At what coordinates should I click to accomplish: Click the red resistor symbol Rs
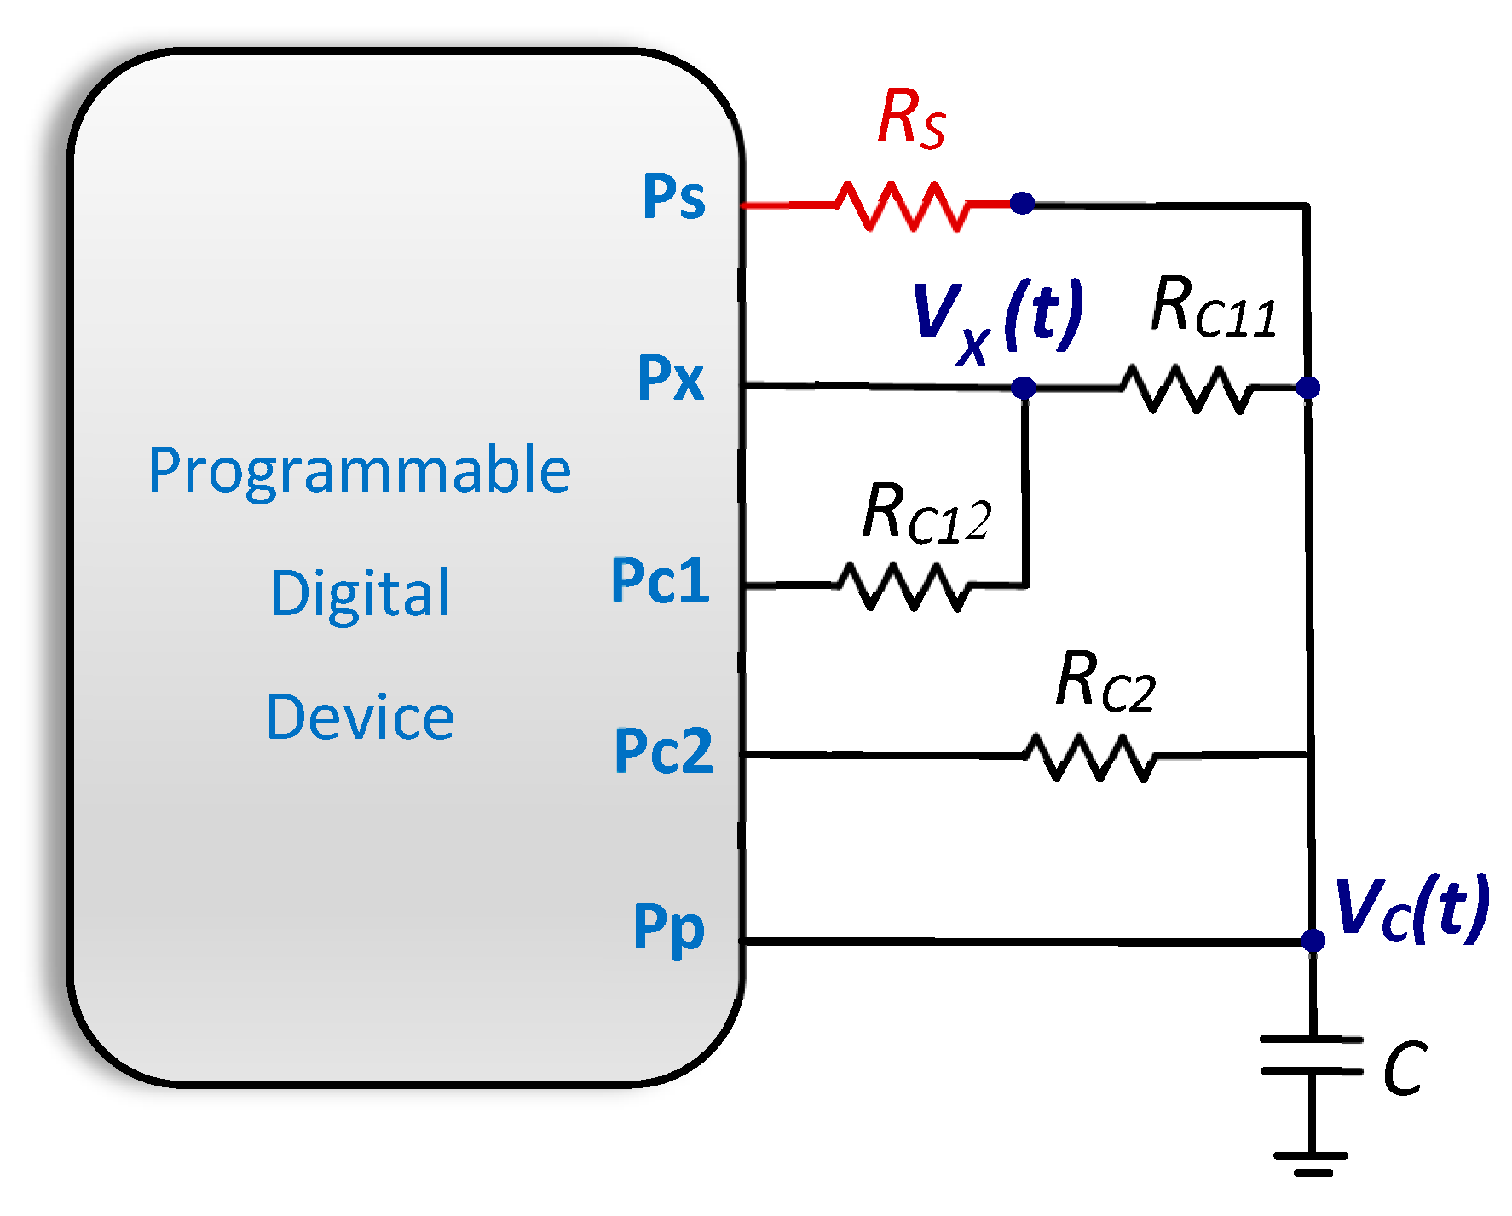click(902, 205)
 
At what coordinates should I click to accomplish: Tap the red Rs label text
click(910, 118)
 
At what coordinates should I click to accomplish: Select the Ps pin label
click(673, 197)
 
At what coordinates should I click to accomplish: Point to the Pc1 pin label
click(661, 581)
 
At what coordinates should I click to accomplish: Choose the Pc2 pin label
click(663, 751)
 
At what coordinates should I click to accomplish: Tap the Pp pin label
click(669, 928)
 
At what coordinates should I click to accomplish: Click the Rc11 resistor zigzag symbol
click(1186, 389)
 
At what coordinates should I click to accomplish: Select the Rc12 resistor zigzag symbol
click(903, 585)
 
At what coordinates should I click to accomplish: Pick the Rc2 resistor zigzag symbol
click(1089, 757)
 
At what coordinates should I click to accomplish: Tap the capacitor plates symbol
click(1312, 1055)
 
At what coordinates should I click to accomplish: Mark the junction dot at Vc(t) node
click(1313, 941)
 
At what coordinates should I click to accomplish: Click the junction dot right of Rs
click(1023, 204)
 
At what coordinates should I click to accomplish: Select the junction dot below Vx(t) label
click(1024, 388)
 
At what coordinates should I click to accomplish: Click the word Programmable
click(359, 470)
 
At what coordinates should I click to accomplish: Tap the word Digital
click(360, 593)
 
